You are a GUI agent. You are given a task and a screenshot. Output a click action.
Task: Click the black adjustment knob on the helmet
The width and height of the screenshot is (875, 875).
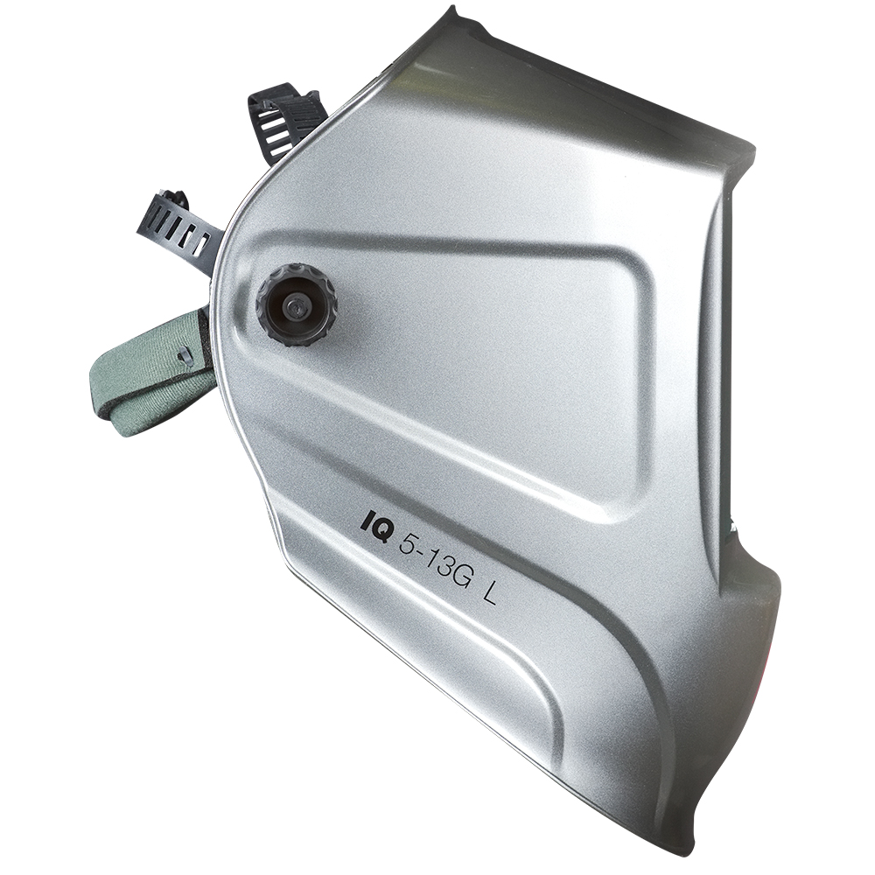[297, 306]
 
